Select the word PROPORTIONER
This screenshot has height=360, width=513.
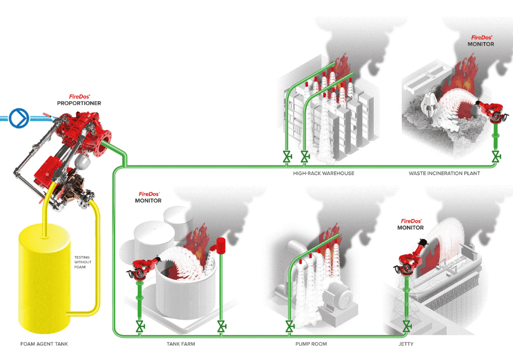(79, 103)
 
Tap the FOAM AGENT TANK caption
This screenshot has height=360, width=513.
(44, 344)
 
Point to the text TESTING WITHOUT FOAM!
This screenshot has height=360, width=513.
(82, 262)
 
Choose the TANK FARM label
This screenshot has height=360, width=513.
(181, 344)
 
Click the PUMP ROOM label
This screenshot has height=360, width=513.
(312, 344)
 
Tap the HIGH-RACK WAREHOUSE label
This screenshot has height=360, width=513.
(324, 173)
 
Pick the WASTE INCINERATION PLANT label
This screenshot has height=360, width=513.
(444, 173)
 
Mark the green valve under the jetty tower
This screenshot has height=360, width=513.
(407, 327)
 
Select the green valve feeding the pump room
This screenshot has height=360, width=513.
(289, 327)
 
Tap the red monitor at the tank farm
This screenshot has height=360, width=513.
(143, 268)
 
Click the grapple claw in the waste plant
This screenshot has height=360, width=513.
(432, 105)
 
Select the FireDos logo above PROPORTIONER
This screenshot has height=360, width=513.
(79, 96)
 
